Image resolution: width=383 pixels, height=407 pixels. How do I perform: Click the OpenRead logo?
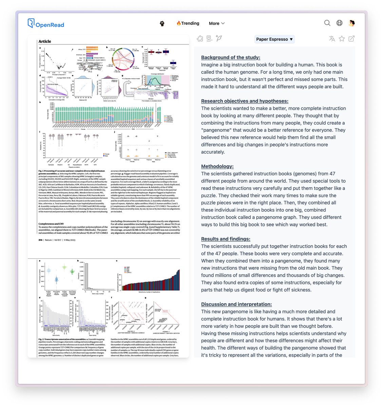[46, 24]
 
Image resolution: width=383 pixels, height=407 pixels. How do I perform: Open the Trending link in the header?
[188, 23]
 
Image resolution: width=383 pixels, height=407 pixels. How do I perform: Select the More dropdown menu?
[216, 23]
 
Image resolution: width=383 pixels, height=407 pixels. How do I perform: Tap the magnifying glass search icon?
[327, 23]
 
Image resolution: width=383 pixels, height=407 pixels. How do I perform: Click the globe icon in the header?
[339, 23]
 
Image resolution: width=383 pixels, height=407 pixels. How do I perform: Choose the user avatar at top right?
[352, 23]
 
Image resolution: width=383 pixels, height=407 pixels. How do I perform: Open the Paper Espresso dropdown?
[274, 39]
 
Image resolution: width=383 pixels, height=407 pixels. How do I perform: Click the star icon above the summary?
[342, 39]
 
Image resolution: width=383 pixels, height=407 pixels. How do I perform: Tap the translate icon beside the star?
[332, 39]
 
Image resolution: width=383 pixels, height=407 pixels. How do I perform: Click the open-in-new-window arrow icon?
[351, 39]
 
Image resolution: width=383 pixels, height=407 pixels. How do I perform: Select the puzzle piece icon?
[200, 39]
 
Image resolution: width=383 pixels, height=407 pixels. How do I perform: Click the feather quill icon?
[219, 38]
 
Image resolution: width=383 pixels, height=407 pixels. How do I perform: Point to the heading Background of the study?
[230, 58]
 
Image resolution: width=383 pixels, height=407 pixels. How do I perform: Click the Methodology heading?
[217, 167]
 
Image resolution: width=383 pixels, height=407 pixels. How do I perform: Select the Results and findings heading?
[226, 239]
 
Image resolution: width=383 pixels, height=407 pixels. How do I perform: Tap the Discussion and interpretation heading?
[236, 305]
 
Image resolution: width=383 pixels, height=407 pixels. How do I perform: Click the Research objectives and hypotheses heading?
[245, 101]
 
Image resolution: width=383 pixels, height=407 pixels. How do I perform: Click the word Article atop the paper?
[45, 41]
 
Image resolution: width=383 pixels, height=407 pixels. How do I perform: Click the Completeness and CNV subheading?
[51, 224]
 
